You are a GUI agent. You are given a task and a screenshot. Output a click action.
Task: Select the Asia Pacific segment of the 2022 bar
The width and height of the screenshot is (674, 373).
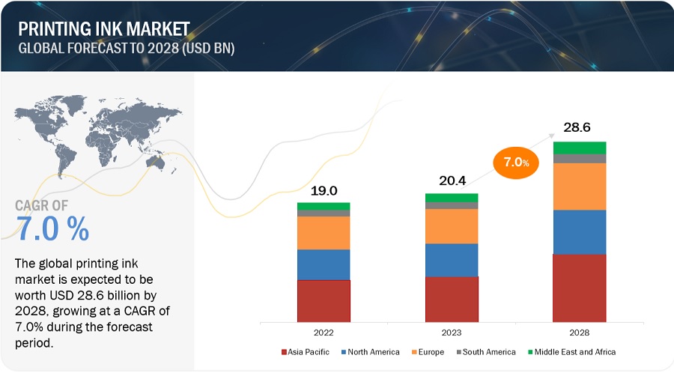pos(324,301)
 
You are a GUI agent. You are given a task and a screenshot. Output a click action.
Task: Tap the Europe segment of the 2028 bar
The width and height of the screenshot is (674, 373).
pos(580,186)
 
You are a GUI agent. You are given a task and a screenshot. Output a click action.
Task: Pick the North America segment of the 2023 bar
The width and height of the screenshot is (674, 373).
pos(452,260)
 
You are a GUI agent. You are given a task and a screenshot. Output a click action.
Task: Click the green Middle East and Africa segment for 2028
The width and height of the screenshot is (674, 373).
pos(580,148)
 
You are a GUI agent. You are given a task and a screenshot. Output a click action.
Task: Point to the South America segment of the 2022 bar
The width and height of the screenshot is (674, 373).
pos(324,213)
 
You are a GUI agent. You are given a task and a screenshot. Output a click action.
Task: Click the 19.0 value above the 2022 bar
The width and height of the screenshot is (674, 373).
pos(324,190)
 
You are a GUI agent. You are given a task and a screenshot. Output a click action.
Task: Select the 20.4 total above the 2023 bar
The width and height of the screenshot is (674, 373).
pos(452,181)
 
